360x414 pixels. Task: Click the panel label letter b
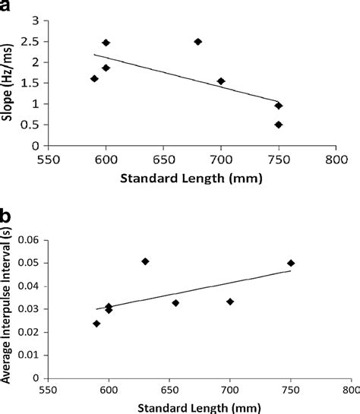click(x=8, y=218)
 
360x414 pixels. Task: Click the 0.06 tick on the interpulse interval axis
click(x=29, y=240)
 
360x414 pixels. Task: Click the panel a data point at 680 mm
click(x=197, y=42)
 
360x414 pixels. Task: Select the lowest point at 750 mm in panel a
click(x=279, y=125)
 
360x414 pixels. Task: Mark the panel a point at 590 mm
click(x=94, y=78)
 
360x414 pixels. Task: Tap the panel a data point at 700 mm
click(x=221, y=81)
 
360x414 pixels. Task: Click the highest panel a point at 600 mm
click(x=106, y=43)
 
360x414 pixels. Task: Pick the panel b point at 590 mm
click(x=96, y=323)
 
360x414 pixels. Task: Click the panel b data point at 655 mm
click(x=175, y=302)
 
